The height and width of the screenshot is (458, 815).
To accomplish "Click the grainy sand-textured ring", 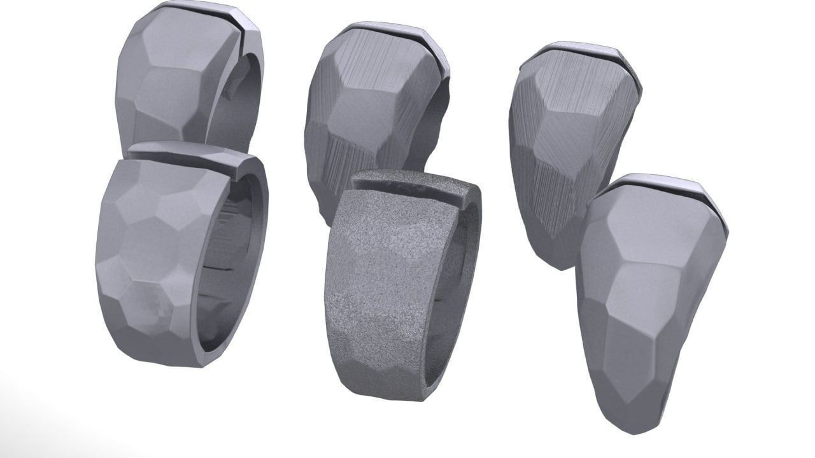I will (388, 286).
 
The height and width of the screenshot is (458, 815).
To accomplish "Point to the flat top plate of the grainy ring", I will (414, 181).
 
